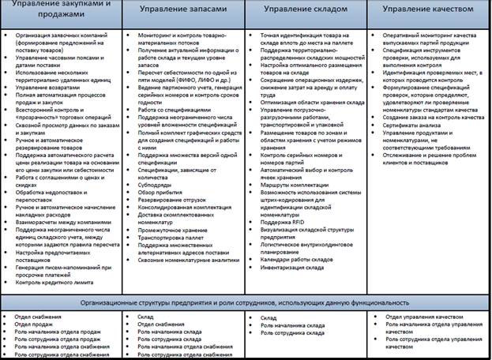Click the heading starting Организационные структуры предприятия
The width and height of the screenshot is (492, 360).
click(x=246, y=302)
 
